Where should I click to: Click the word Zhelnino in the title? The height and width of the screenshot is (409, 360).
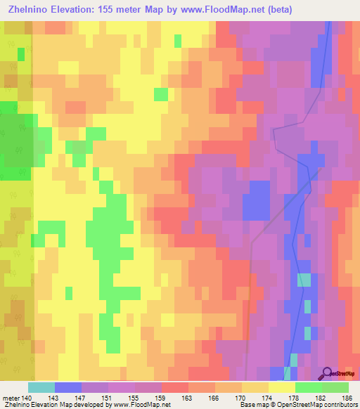pyautogui.click(x=28, y=10)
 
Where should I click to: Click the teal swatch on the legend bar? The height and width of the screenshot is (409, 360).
pyautogui.click(x=41, y=387)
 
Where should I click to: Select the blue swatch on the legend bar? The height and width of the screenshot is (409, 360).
pyautogui.click(x=68, y=387)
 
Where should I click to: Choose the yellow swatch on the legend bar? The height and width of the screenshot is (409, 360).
pyautogui.click(x=281, y=387)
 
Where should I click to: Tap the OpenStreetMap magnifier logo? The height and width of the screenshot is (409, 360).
pyautogui.click(x=327, y=373)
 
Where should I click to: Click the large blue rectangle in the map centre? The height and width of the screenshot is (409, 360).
pyautogui.click(x=256, y=200)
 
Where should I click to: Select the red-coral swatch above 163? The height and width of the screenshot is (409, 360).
pyautogui.click(x=174, y=387)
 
